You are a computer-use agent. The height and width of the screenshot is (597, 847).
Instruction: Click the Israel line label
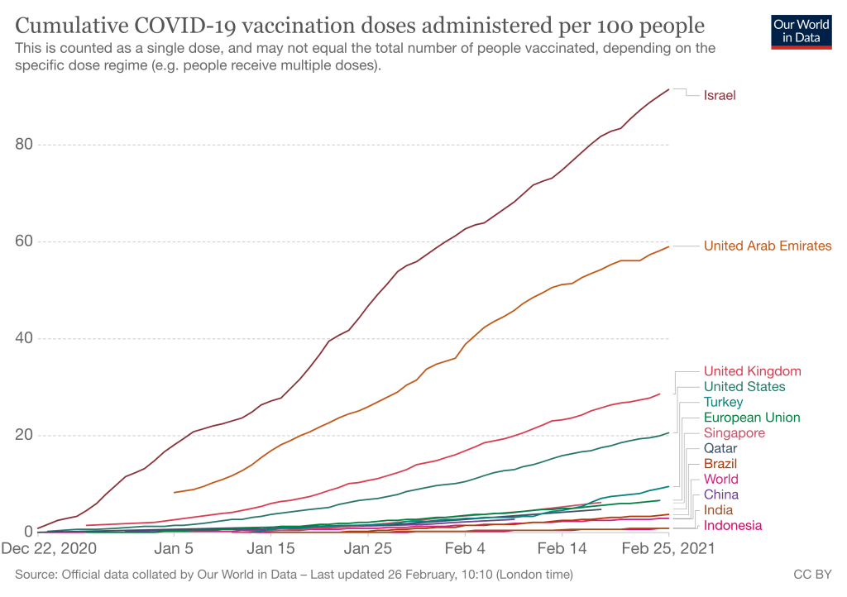720,95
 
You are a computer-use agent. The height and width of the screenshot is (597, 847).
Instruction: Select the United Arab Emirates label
768,246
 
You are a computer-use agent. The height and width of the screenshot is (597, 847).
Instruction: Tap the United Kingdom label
752,371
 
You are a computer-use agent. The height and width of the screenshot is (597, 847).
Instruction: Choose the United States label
744,386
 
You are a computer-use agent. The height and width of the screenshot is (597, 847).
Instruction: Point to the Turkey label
723,402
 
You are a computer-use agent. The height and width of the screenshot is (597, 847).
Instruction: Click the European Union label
752,418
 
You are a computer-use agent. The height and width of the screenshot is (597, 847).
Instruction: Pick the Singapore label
734,433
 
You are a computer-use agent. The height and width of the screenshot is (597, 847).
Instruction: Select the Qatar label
720,448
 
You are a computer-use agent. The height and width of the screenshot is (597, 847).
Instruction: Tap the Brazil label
720,464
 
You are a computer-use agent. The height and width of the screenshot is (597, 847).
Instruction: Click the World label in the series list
721,480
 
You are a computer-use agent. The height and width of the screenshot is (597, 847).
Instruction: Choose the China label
721,494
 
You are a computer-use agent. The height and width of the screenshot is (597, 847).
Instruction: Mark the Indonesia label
733,526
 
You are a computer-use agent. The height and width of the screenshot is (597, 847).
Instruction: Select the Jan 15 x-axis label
271,548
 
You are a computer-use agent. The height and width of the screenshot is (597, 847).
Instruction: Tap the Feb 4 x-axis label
465,548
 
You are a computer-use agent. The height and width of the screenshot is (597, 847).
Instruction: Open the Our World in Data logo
800,31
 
